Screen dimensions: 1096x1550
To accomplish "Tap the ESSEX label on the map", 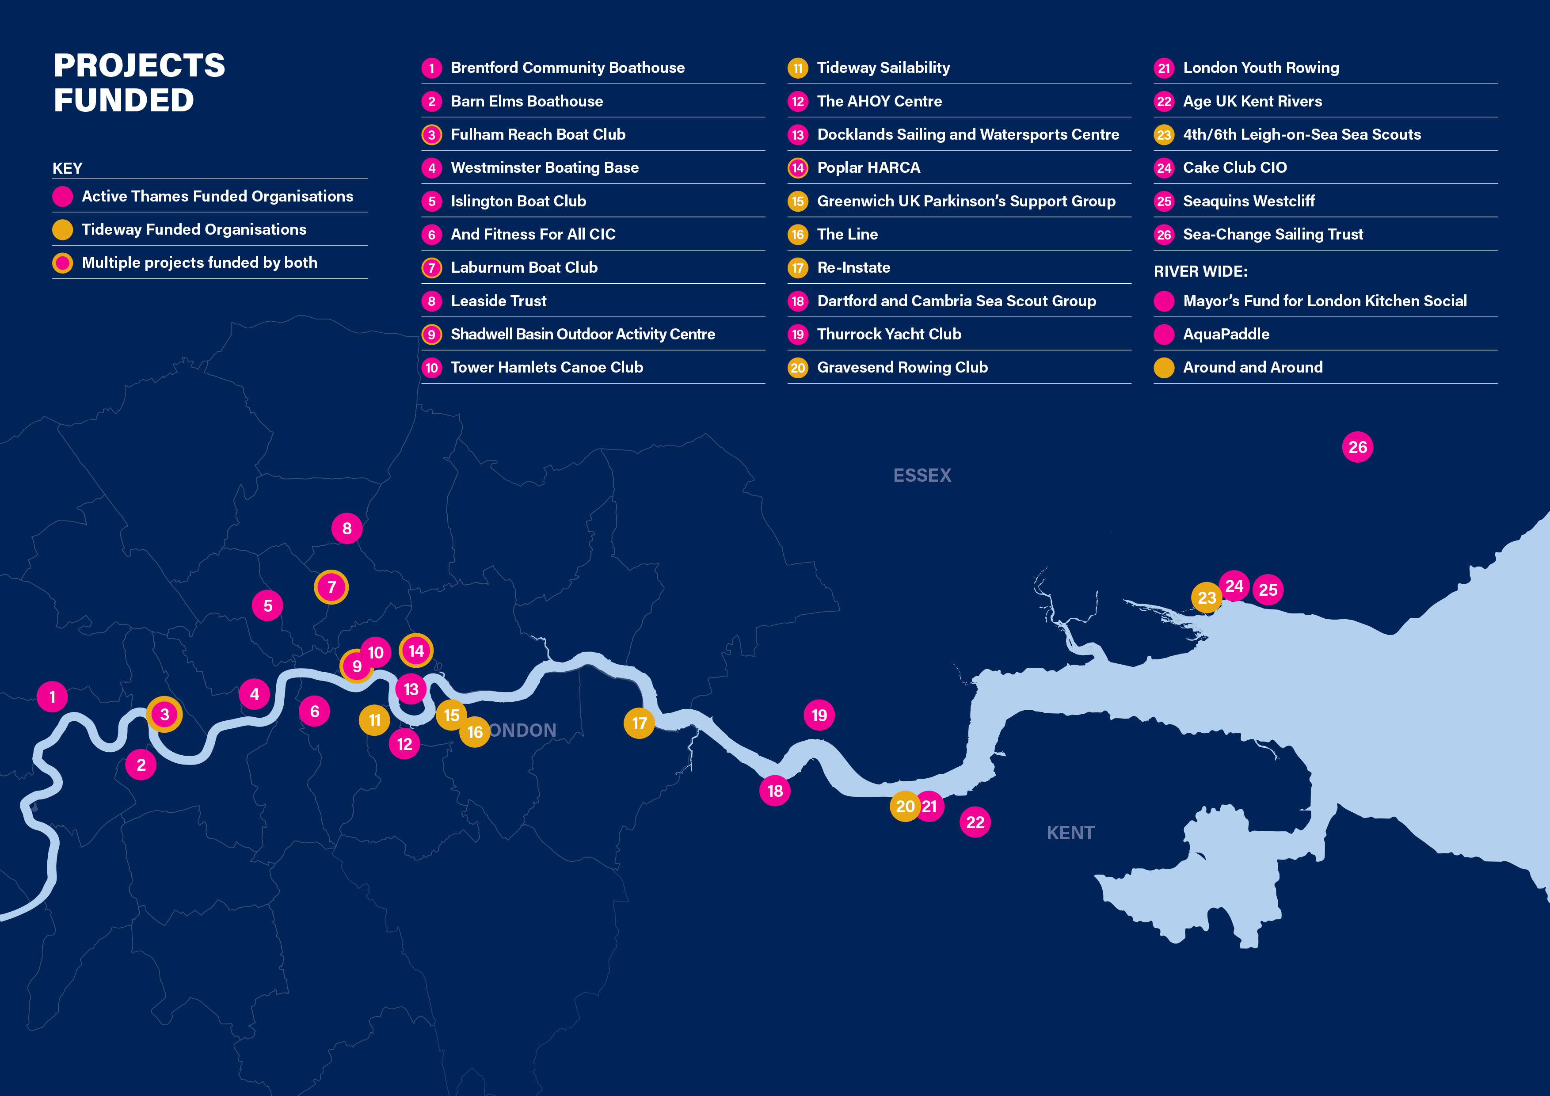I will coord(922,476).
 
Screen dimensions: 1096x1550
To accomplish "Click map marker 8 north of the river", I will coord(347,529).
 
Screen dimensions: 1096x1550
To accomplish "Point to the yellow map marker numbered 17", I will coord(639,723).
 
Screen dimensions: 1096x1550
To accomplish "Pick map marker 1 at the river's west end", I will coord(52,696).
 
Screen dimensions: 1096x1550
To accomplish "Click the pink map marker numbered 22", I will coord(975,822).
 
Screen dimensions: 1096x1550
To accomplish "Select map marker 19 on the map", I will coord(819,715).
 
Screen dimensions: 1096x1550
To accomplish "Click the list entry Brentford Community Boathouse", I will coord(567,68).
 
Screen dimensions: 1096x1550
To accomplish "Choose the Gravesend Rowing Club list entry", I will coord(902,368).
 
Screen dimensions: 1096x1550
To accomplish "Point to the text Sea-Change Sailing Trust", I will coord(1272,235).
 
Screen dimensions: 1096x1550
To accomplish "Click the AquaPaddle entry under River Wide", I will coord(1226,335).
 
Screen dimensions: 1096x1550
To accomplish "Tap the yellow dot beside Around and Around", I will coord(1164,368).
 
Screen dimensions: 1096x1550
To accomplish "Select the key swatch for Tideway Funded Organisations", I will coord(63,229).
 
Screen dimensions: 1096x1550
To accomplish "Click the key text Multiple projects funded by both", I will coord(199,263).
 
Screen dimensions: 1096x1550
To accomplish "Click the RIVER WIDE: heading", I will coord(1200,271).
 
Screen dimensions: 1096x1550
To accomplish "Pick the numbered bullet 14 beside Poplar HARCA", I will coord(798,168).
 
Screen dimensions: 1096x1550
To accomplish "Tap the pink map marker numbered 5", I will coord(267,605).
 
